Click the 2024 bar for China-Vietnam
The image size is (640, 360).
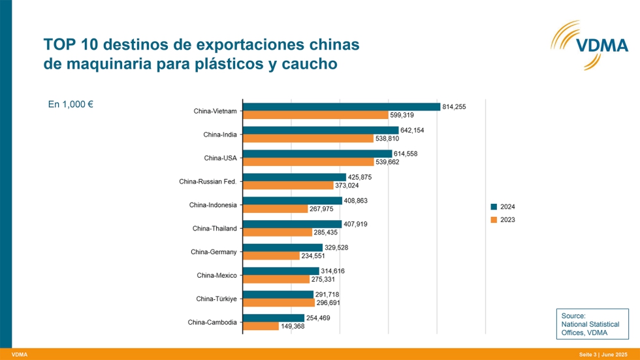pyautogui.click(x=341, y=107)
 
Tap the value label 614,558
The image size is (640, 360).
pyautogui.click(x=405, y=154)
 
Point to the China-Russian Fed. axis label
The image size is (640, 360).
pyautogui.click(x=208, y=182)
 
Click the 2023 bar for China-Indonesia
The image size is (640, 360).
pyautogui.click(x=275, y=209)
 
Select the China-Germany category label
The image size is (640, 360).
pyautogui.click(x=214, y=252)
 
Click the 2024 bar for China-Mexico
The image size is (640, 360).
pyautogui.click(x=281, y=271)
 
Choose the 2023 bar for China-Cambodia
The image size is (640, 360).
pyautogui.click(x=261, y=326)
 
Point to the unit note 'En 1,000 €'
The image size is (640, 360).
pyautogui.click(x=71, y=105)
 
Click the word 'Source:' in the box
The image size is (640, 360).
pyautogui.click(x=573, y=316)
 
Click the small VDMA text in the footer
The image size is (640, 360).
pyautogui.click(x=20, y=354)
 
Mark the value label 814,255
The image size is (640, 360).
pyautogui.click(x=454, y=106)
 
